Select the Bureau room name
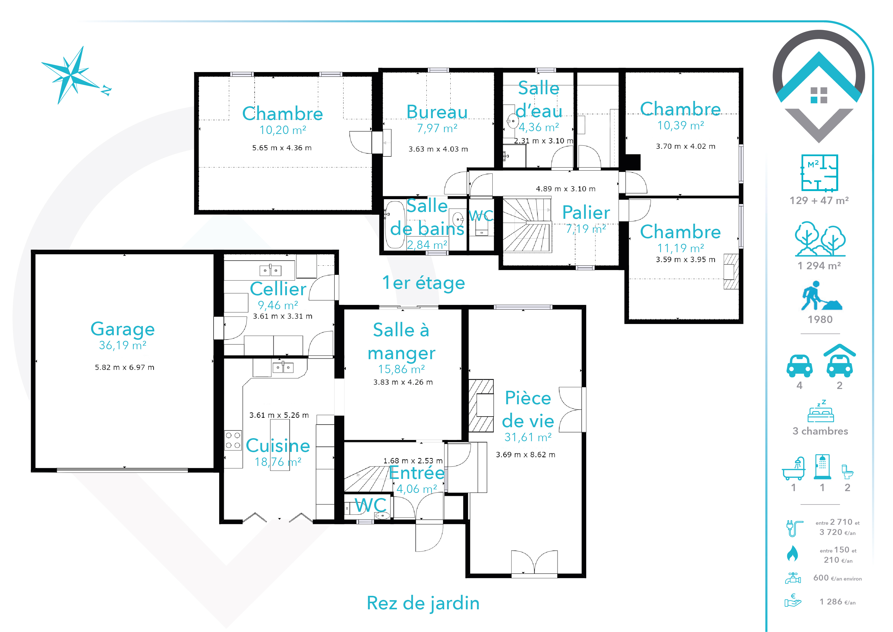click(437, 112)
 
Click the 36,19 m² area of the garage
click(122, 345)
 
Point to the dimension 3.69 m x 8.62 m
click(525, 454)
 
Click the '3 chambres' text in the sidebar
click(820, 431)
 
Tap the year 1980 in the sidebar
click(820, 319)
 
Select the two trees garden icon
click(820, 239)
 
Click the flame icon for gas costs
click(792, 553)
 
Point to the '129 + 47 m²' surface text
click(819, 200)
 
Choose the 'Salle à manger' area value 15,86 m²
click(401, 369)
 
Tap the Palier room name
click(586, 212)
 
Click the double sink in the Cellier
click(270, 270)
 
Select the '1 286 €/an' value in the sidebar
click(838, 602)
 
